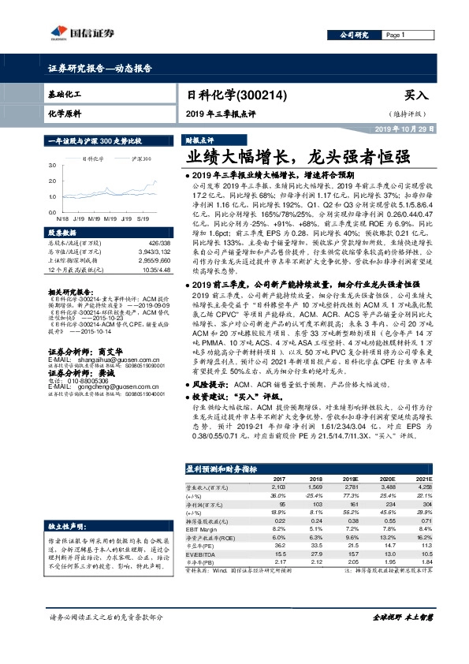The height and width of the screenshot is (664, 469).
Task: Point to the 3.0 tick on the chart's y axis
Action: point(52,166)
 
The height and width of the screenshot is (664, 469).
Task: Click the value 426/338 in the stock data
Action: point(158,244)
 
